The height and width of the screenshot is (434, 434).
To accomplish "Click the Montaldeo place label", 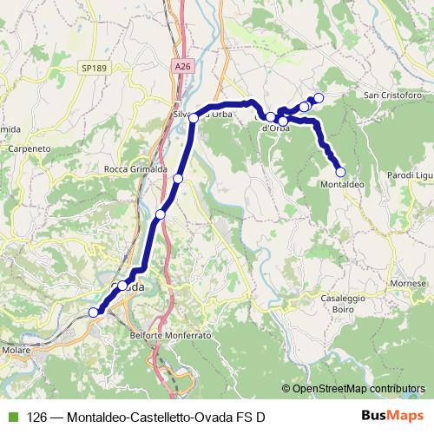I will click(341, 185).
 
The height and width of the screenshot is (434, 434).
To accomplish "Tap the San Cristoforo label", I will click(392, 94).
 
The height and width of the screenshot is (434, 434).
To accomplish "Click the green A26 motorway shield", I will click(181, 66).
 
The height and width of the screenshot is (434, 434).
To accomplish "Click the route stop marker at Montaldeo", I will click(340, 172).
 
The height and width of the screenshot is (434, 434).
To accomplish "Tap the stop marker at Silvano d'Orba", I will click(194, 118).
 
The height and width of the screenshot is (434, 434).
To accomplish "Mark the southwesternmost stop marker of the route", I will click(94, 312).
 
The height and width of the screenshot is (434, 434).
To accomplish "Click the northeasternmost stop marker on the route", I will click(319, 97).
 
